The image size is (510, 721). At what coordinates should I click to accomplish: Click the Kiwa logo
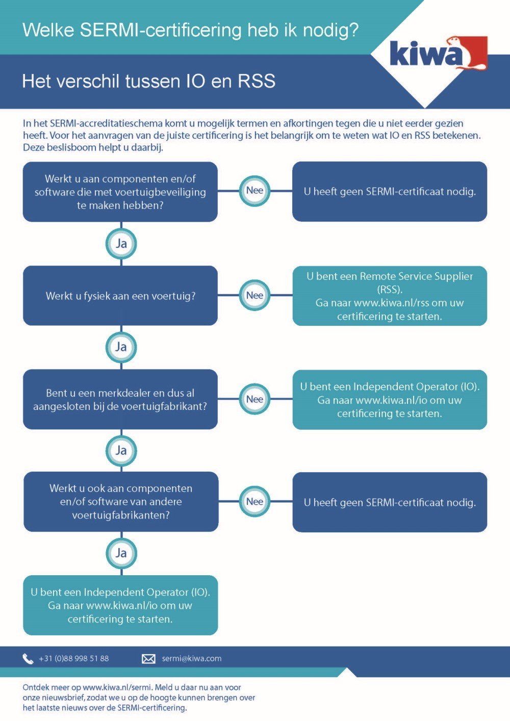pos(438,53)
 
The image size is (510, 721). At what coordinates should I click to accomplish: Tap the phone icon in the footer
pos(28,659)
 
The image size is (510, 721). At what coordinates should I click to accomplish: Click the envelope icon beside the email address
pos(148,659)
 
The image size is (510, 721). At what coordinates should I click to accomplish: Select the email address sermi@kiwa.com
pos(192,659)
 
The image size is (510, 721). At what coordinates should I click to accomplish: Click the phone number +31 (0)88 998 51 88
pos(74,659)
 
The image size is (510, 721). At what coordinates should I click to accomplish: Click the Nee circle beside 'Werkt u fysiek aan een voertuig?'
pos(254,295)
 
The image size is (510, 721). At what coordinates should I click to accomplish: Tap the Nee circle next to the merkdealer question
pos(254,399)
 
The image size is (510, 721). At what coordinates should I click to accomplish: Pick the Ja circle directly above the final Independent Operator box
pos(121,553)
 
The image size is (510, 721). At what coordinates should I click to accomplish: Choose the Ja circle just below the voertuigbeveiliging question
pos(121,243)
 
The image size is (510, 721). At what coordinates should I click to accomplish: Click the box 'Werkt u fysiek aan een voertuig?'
pos(120,296)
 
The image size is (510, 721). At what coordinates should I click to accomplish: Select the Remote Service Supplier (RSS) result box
pos(390,296)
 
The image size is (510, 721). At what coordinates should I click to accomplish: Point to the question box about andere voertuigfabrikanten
pos(121,502)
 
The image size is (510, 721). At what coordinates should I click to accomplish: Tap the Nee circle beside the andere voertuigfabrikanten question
pos(254,502)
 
